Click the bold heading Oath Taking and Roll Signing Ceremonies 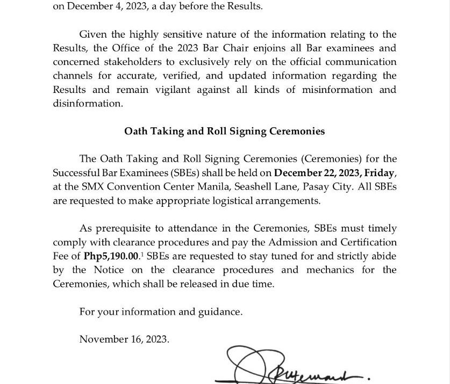click(x=224, y=131)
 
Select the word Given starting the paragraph click(x=92, y=35)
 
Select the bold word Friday click(x=380, y=173)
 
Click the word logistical click(x=226, y=201)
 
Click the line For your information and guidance click(x=161, y=311)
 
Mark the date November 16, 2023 click(x=124, y=339)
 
